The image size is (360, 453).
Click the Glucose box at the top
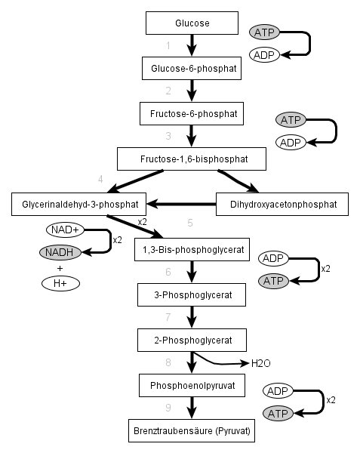pos(192,23)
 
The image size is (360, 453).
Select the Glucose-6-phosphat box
pos(192,69)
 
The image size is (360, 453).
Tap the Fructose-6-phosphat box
pos(192,113)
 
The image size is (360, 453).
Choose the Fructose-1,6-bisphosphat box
pos(192,159)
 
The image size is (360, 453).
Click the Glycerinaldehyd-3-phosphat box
pos(78,205)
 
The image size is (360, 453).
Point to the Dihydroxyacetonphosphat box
pos(282,205)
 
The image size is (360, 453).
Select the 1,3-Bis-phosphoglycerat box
pos(192,250)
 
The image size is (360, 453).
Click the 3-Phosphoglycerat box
pos(192,294)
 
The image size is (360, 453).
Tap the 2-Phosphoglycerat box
pos(192,340)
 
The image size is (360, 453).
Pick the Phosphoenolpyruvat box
pos(192,385)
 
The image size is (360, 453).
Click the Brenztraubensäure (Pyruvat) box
pos(192,431)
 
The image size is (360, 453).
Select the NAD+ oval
pos(65,230)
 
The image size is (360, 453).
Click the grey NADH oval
pos(60,252)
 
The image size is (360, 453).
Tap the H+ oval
pos(60,283)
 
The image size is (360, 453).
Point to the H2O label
pos(260,363)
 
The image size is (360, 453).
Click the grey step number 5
pos(190,223)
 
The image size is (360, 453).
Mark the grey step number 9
pos(168,408)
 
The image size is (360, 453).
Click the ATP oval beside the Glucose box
pos(264,32)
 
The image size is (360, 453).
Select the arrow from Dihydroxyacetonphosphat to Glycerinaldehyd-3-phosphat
pos(181,204)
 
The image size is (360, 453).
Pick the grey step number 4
pos(100,180)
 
